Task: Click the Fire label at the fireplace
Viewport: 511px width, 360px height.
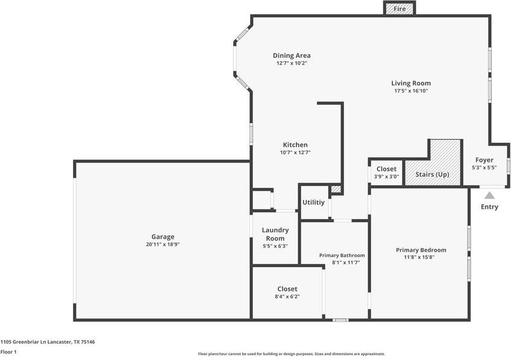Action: [x=399, y=9]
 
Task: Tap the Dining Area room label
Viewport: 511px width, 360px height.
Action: [x=292, y=55]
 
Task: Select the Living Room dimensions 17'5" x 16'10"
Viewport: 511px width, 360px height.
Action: [x=411, y=91]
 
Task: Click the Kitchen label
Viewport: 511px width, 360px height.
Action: [x=295, y=145]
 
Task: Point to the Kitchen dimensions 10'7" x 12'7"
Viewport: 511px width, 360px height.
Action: [x=295, y=152]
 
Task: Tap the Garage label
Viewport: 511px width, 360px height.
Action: [x=163, y=237]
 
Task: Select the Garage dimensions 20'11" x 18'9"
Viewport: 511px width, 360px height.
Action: [x=163, y=244]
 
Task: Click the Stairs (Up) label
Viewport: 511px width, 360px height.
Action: [x=432, y=175]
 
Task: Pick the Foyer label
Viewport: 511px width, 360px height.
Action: [x=484, y=160]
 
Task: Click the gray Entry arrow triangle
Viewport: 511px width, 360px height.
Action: [x=489, y=195]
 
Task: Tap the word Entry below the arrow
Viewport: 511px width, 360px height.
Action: [x=489, y=207]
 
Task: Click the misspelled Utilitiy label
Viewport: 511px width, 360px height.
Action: [x=313, y=202]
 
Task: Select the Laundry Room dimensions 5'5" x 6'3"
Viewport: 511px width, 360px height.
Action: [x=275, y=246]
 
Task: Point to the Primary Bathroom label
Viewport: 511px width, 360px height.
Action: [x=342, y=255]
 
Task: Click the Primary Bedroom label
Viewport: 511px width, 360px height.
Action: [x=421, y=250]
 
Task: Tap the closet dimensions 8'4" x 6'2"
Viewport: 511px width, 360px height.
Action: [x=287, y=297]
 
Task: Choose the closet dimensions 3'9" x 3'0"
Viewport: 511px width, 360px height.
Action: [x=386, y=177]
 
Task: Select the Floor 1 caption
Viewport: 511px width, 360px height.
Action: [x=8, y=352]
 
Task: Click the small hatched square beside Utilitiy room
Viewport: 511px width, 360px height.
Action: [x=336, y=189]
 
